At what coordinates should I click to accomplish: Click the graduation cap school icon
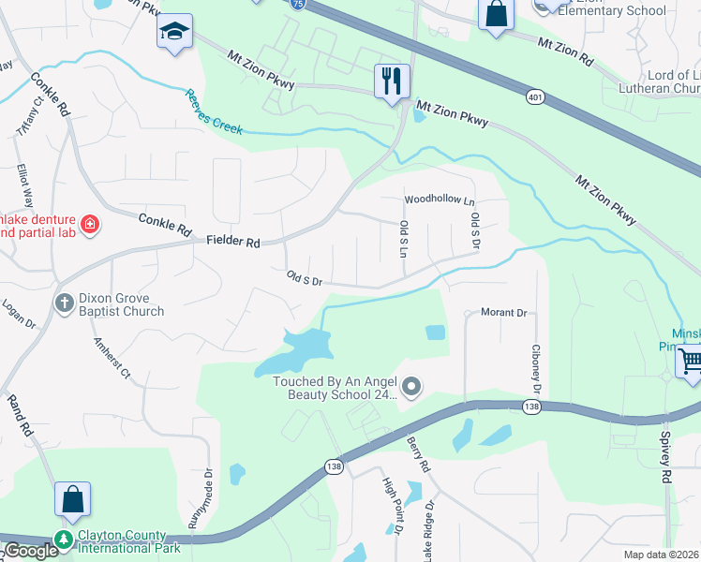coord(174,31)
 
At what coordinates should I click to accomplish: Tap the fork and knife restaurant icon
coord(392,81)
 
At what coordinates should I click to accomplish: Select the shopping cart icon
coord(690,360)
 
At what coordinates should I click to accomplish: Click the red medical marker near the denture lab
coord(90,224)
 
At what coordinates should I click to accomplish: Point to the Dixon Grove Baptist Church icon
coord(64,303)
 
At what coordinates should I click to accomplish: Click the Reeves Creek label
coord(214,112)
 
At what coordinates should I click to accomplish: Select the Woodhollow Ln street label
coord(440,200)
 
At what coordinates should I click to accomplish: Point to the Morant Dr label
coord(503,313)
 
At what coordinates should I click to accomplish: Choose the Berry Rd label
coord(418,453)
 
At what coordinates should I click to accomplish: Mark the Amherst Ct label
coord(113,359)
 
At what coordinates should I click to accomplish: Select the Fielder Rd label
coord(233,242)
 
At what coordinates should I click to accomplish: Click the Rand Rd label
coord(20,417)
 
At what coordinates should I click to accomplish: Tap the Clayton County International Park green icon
coord(64,539)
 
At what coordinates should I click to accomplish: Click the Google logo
coord(31,551)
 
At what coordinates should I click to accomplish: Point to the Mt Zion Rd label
coord(565,51)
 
